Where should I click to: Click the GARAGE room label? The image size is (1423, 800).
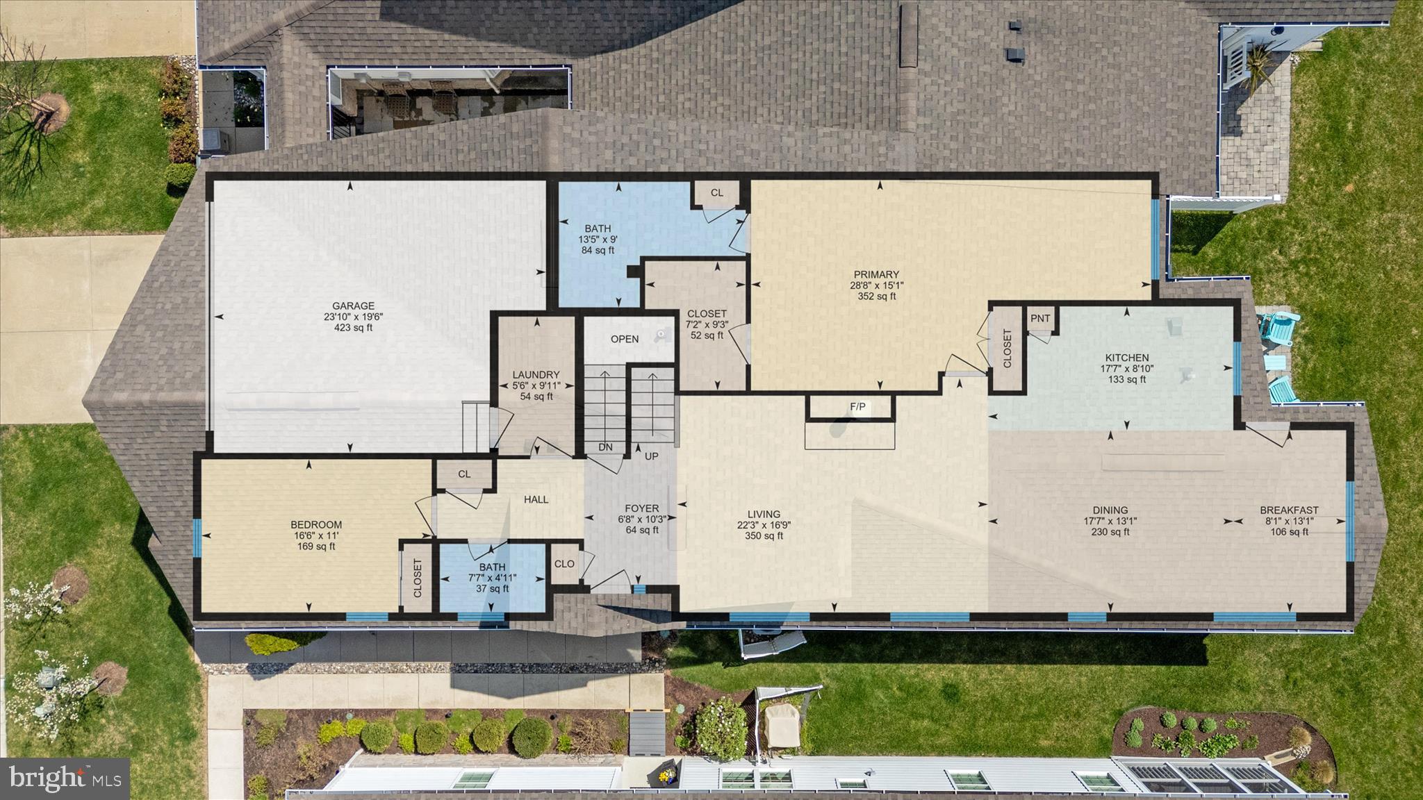(353, 306)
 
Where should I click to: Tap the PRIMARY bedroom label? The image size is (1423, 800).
(876, 274)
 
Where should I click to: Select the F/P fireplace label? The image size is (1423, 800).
(858, 407)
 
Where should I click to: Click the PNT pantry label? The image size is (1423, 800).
(1040, 319)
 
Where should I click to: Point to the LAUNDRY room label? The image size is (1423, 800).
(536, 374)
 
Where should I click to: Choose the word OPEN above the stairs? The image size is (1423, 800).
(624, 339)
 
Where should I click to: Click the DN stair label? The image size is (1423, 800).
(605, 447)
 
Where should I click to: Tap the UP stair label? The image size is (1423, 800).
(651, 456)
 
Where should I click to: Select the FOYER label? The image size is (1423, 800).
(641, 508)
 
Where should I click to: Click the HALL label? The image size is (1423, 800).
(536, 499)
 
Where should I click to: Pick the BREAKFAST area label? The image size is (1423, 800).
(1289, 510)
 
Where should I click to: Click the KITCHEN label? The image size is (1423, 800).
(1126, 358)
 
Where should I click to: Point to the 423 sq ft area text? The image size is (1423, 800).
(353, 328)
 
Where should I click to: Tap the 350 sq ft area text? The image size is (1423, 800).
(764, 535)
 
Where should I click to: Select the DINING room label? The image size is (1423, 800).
(1110, 510)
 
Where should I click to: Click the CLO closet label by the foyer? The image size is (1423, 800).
(564, 564)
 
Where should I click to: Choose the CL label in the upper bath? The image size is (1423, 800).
(716, 193)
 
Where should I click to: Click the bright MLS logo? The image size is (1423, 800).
(65, 777)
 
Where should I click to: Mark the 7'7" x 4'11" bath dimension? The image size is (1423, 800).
(492, 578)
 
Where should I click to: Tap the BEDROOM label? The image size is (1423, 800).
(315, 525)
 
